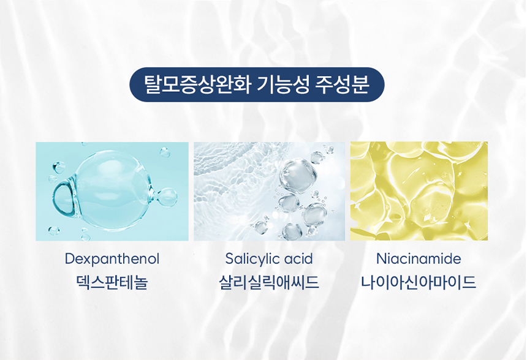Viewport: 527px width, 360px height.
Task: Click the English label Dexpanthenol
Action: coord(112,259)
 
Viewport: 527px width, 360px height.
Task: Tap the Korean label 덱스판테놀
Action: coord(112,282)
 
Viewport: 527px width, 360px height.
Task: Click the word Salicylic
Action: coord(249,259)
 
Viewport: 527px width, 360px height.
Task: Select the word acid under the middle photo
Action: coord(298,259)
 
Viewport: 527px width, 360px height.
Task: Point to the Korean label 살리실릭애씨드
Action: coord(269,282)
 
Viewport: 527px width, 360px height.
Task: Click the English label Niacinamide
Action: coord(419,258)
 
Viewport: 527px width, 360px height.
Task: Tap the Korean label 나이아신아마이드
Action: coord(419,282)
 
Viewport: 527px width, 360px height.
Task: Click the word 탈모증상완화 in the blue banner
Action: coord(197,84)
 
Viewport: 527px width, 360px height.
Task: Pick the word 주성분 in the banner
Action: coord(343,84)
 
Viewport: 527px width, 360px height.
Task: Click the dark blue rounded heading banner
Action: coord(257,84)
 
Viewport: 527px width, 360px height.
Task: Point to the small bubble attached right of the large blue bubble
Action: coord(167,197)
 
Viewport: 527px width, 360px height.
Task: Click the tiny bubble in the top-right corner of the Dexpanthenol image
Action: coord(165,152)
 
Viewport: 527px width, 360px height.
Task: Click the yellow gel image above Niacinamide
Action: coord(419,191)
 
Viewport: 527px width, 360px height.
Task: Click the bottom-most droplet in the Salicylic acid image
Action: coord(292,231)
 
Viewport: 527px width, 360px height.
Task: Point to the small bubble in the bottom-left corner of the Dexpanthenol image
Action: coord(54,231)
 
